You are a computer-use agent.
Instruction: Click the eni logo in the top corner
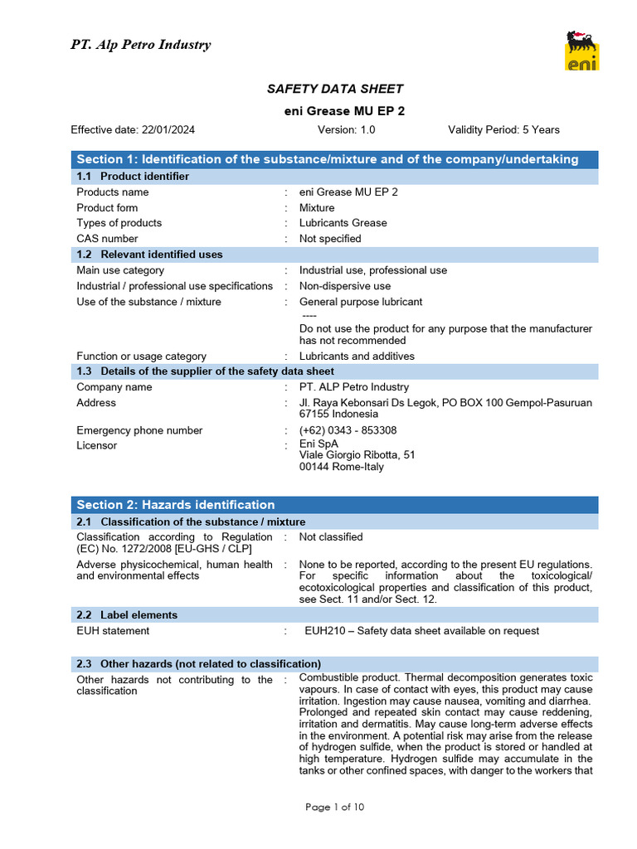[x=582, y=51]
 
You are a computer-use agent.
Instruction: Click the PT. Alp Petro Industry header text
[x=140, y=45]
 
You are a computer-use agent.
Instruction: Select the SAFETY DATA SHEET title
[x=334, y=89]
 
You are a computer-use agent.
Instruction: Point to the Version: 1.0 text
[x=346, y=129]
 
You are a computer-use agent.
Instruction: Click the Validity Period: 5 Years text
[x=503, y=129]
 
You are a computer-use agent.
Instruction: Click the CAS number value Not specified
[x=330, y=239]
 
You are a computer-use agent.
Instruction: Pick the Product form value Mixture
[x=317, y=207]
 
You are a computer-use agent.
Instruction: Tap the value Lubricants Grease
[x=343, y=223]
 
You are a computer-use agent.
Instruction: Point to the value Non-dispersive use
[x=345, y=286]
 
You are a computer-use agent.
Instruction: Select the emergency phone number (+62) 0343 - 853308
[x=348, y=430]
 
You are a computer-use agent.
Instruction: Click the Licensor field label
[x=96, y=445]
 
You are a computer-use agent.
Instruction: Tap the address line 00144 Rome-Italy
[x=341, y=467]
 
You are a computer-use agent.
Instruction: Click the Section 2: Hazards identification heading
[x=175, y=505]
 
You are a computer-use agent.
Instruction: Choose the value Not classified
[x=331, y=537]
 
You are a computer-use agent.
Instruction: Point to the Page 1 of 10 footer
[x=334, y=808]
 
